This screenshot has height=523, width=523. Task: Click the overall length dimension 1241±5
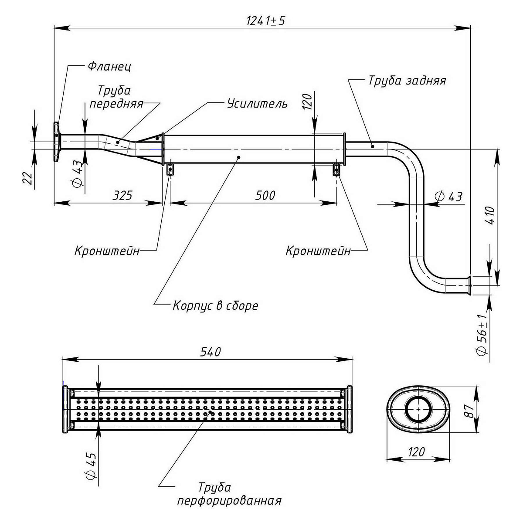click(x=266, y=21)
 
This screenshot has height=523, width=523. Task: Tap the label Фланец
click(x=109, y=66)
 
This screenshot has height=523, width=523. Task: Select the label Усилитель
click(x=257, y=103)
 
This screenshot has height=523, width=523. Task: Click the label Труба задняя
click(x=407, y=81)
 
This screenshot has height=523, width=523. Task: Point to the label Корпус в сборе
click(x=215, y=306)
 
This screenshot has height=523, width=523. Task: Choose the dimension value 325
click(x=122, y=195)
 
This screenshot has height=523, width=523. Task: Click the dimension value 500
click(x=265, y=195)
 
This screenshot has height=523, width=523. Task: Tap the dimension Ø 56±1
click(x=482, y=335)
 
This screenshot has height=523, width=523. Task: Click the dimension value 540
click(x=211, y=352)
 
